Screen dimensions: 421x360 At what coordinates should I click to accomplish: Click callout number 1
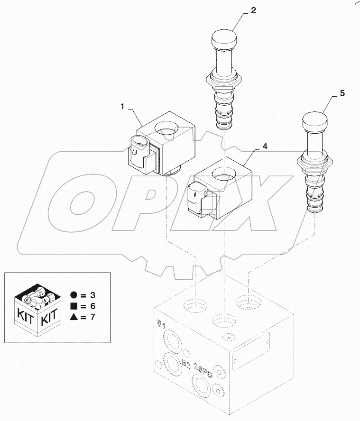pos(123,108)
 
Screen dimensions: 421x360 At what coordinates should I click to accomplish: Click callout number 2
pos(253,10)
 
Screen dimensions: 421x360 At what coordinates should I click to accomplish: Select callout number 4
pos(265,147)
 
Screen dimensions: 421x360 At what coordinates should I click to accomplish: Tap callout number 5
pos(342,94)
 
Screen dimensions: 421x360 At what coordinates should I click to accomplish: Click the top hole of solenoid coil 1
pos(166,128)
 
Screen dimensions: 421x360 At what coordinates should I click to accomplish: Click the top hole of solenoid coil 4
pos(223,175)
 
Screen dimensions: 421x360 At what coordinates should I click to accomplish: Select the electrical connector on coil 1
pos(138,151)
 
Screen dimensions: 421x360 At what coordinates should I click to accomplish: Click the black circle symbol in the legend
pos(73,295)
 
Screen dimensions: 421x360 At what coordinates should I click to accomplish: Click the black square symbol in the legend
pos(73,306)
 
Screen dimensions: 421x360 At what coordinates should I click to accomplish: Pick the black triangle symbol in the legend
pos(73,317)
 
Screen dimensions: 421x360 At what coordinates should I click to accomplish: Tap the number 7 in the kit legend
pos(92,317)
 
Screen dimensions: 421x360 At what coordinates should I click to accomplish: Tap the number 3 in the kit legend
pos(92,295)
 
